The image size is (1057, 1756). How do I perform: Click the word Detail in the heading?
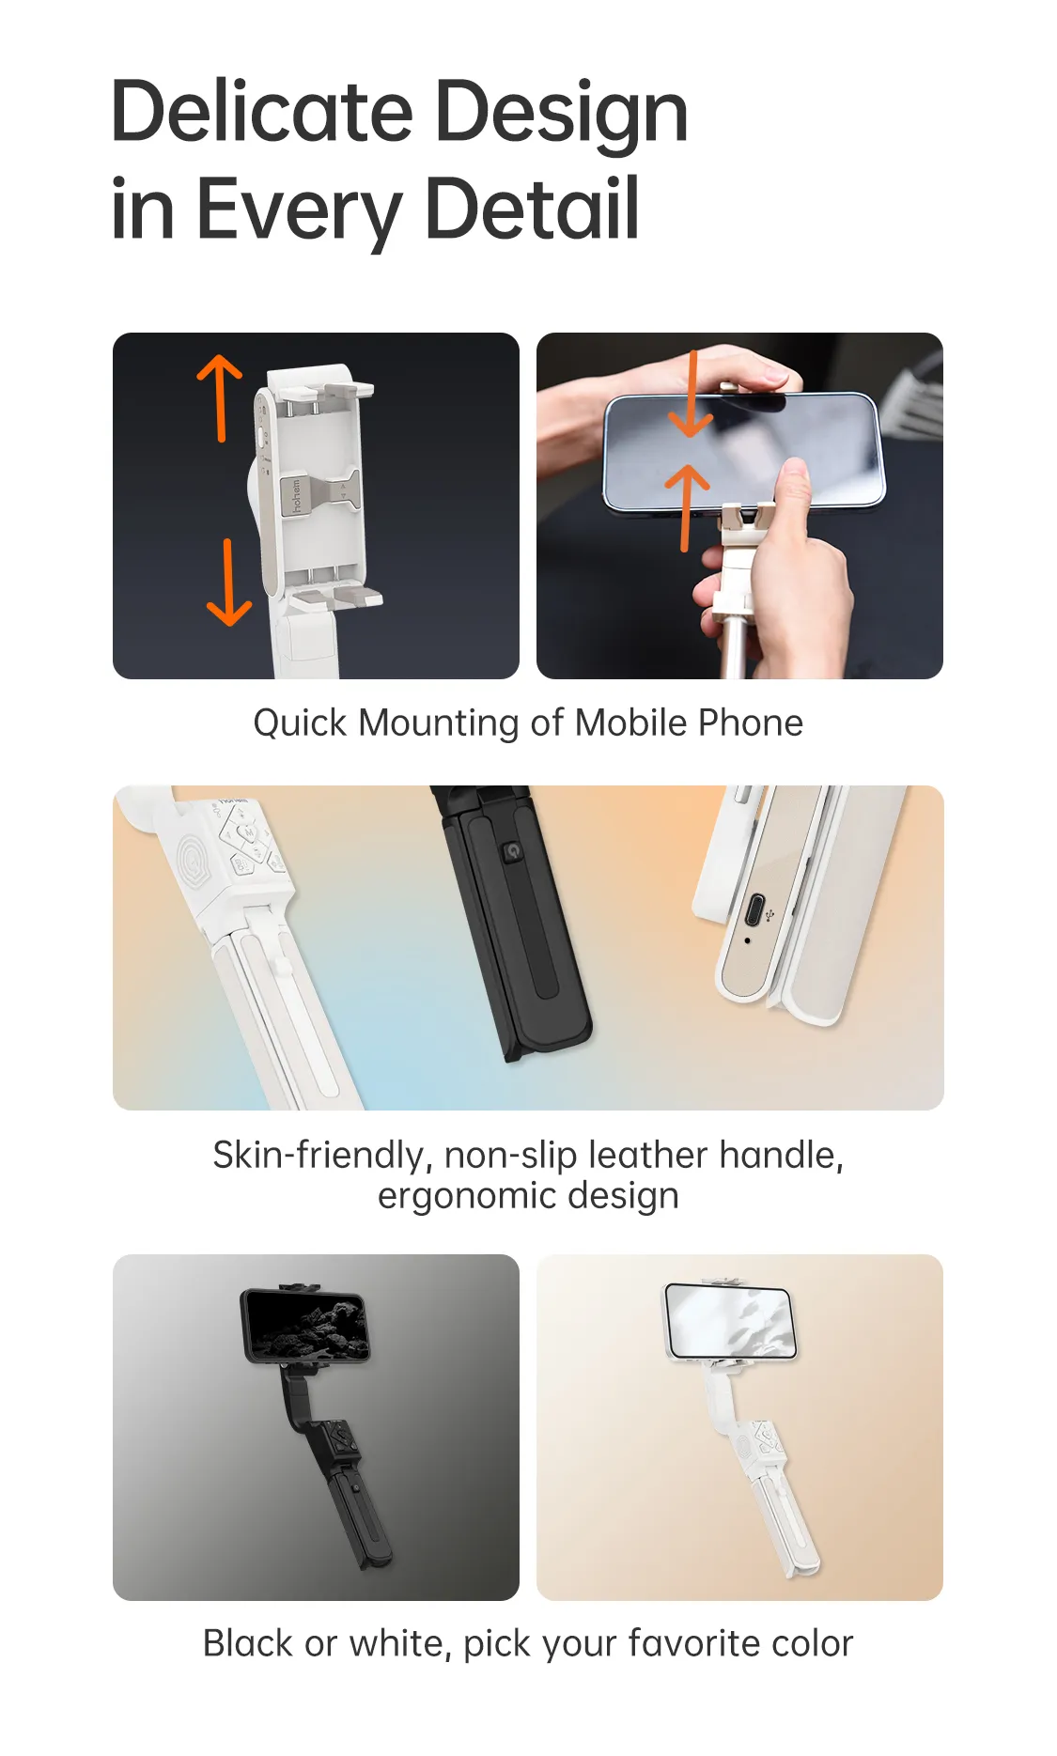coord(532,209)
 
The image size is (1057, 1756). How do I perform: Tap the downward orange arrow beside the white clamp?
coord(228,583)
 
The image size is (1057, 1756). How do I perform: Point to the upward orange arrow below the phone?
coord(687,507)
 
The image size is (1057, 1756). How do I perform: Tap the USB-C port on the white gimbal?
coord(754,910)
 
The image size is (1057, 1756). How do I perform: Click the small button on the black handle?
coord(512,851)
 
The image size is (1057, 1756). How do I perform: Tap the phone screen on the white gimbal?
coord(731,1319)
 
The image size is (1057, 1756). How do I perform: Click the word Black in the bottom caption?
coord(247,1644)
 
